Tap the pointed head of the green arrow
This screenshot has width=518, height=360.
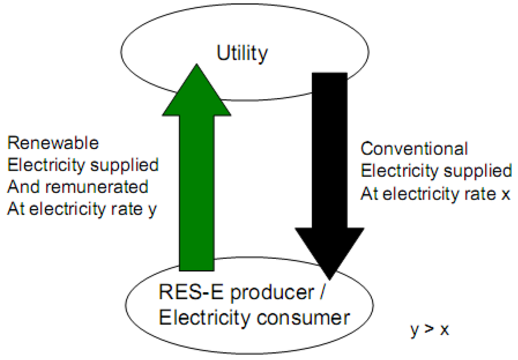pos(197,71)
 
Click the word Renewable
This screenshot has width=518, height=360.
pos(53,143)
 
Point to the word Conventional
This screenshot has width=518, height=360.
pos(414,149)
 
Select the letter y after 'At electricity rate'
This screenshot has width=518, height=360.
pos(152,209)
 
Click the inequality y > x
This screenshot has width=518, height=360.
pos(429,330)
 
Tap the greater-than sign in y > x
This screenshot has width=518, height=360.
pos(429,330)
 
